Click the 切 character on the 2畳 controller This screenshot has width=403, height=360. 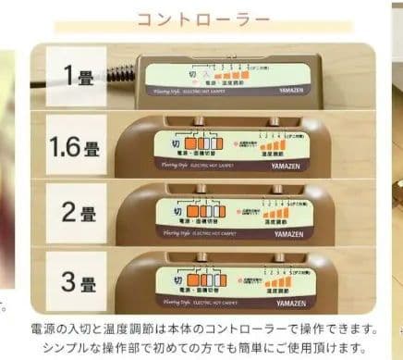click(x=180, y=206)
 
